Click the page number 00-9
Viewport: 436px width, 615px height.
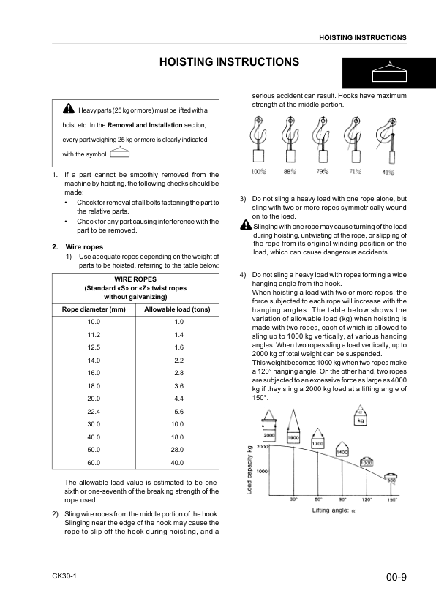(x=396, y=578)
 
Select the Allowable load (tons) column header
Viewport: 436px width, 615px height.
(x=178, y=309)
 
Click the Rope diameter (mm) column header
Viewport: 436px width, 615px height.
(x=94, y=309)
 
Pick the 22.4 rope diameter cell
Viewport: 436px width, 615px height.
(x=94, y=411)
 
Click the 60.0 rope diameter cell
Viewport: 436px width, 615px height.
(x=94, y=463)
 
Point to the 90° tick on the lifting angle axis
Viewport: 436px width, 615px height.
(x=342, y=499)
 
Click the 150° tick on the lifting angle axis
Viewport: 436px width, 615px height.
(x=392, y=499)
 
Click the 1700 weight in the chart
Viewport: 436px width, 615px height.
(x=318, y=443)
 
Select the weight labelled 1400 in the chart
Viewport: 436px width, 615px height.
(x=342, y=453)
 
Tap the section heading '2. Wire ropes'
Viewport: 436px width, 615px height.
(x=73, y=246)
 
